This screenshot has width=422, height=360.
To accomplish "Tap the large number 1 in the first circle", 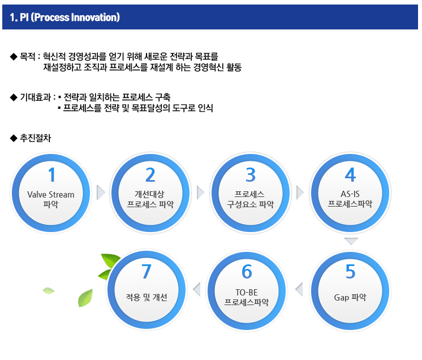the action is [51, 175].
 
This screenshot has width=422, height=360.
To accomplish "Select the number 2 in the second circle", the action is [150, 175].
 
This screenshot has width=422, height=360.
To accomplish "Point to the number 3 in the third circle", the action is [251, 175].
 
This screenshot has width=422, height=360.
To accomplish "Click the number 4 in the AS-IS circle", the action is [350, 175].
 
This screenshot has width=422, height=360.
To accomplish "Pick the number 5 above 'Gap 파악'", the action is [350, 271].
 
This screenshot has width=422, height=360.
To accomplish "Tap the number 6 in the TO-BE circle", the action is [247, 271].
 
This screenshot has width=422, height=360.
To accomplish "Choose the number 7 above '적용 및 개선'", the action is [147, 271].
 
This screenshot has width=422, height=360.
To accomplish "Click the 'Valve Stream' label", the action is [51, 194].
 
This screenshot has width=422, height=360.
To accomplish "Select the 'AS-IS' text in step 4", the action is [350, 194].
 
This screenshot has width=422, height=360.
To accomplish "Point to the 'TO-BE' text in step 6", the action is [247, 293].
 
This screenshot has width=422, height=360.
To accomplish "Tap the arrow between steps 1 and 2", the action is [101, 192].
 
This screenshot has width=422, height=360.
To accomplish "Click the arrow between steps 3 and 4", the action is [300, 192].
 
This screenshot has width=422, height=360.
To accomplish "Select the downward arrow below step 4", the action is [351, 241].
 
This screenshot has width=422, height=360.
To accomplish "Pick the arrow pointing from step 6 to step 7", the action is [197, 289].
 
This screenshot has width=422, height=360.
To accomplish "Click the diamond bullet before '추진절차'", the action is [14, 138].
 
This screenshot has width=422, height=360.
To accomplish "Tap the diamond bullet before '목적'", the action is [14, 57].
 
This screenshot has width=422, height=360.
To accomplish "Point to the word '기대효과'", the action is [36, 97].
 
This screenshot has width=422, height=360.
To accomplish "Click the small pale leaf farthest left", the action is [49, 290].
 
